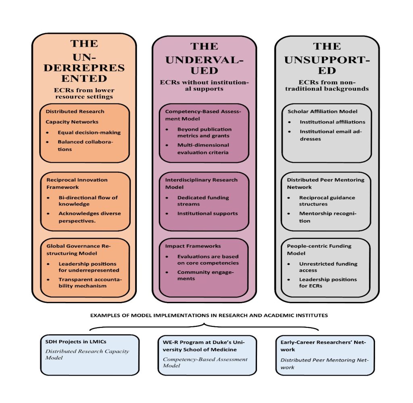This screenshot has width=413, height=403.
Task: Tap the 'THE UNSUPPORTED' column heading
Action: [x=327, y=58]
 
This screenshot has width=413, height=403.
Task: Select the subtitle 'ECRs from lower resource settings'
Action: [x=84, y=93]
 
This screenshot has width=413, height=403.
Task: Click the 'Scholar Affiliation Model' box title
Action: [x=322, y=112]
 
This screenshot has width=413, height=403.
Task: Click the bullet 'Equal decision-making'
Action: [x=89, y=132]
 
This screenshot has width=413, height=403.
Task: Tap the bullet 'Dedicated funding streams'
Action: [x=203, y=200]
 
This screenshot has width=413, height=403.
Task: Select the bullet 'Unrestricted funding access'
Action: [x=328, y=267]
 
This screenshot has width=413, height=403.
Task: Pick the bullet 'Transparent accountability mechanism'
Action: [x=90, y=282]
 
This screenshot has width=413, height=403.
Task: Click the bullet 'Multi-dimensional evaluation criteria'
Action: [x=203, y=148]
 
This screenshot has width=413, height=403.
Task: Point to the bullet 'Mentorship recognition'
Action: [x=327, y=217]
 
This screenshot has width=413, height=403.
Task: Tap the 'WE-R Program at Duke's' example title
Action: [x=204, y=345]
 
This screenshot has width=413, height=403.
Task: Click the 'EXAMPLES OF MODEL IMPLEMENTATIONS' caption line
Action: [x=209, y=315]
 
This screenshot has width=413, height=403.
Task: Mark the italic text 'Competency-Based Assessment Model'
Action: [x=205, y=362]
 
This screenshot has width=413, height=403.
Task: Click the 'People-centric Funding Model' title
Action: [x=319, y=249]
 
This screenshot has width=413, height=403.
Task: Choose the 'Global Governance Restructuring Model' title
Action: [x=82, y=249]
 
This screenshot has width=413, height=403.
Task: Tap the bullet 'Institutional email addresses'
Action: [x=330, y=135]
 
